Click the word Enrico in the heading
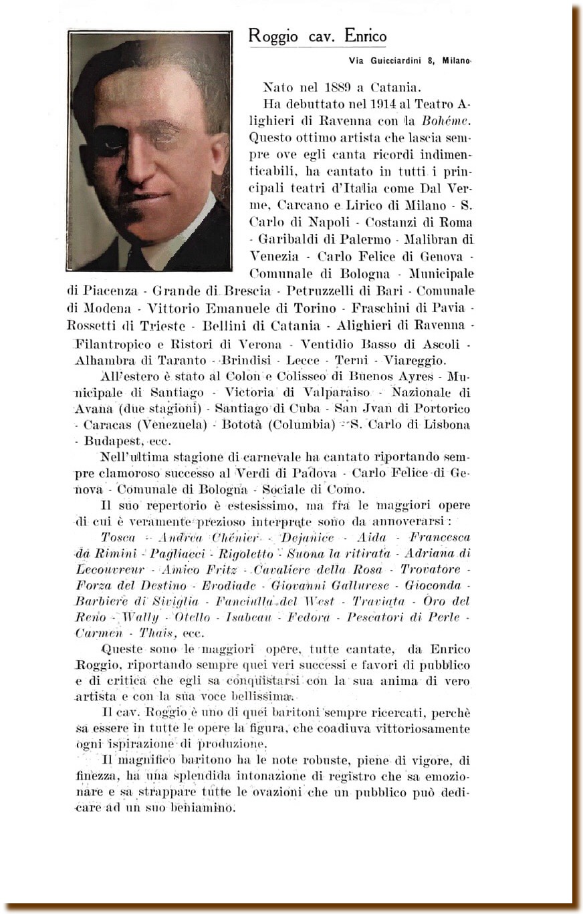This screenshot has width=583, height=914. [x=365, y=37]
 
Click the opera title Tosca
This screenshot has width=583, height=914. [x=118, y=538]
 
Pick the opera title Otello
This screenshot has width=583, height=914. [x=192, y=617]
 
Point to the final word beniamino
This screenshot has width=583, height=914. [x=202, y=808]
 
